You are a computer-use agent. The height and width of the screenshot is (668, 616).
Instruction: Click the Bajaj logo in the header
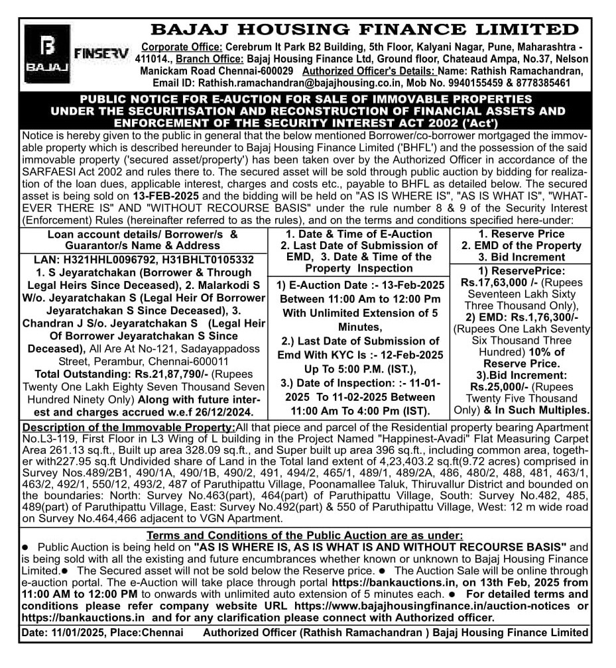click(46, 53)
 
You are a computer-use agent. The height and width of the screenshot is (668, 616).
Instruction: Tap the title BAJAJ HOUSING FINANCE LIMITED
click(364, 30)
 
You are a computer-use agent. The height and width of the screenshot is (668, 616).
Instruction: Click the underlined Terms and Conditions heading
click(305, 535)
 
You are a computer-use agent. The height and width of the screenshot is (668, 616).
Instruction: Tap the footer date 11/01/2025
click(82, 632)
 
